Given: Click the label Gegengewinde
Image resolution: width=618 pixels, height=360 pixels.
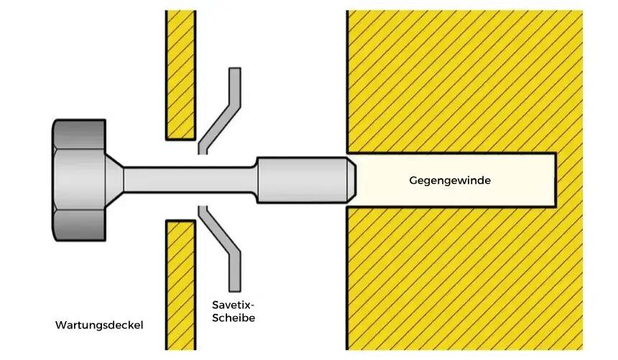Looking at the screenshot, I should [x=450, y=180].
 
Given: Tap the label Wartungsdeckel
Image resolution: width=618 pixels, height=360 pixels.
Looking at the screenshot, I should [x=99, y=326].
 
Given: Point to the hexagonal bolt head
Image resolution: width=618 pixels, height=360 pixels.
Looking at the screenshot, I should [x=79, y=180].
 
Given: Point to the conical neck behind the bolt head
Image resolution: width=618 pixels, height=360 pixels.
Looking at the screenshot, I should [x=115, y=180].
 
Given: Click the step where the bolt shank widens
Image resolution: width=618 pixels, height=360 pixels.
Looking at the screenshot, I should [x=257, y=180].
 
